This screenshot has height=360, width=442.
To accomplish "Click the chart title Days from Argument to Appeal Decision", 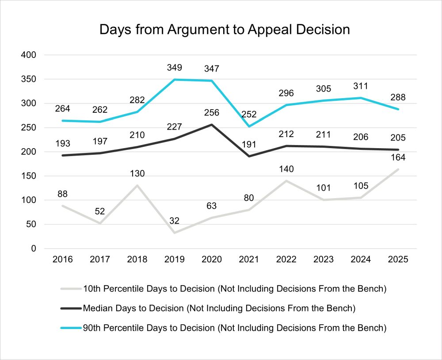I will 225,30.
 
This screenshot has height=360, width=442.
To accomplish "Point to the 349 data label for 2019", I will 175,68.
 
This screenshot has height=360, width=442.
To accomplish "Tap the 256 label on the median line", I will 212,113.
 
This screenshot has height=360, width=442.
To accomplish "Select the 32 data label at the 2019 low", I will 175,221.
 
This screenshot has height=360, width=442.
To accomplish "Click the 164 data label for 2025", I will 398,157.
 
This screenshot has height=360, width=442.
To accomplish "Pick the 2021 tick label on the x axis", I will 249,260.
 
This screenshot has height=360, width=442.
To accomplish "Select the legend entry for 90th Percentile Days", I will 234,328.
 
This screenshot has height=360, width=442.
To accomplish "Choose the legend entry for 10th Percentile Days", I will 234,289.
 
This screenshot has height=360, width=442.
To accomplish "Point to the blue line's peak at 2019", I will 175,80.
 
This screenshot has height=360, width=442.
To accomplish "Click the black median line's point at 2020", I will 212,125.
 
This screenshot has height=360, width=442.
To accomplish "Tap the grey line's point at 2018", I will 138,185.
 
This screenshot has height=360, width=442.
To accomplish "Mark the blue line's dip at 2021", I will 249,126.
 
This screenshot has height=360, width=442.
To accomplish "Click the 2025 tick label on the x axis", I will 397,260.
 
